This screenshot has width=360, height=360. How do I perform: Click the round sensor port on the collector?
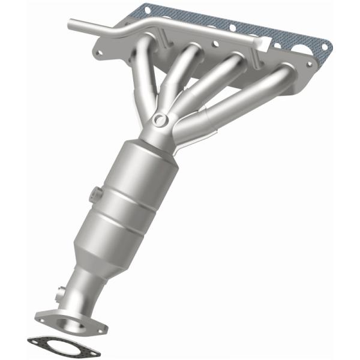coord(160,120)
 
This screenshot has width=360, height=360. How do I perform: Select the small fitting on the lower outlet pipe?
coord(59,295)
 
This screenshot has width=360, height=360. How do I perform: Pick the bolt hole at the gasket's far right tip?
coord(323,46)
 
